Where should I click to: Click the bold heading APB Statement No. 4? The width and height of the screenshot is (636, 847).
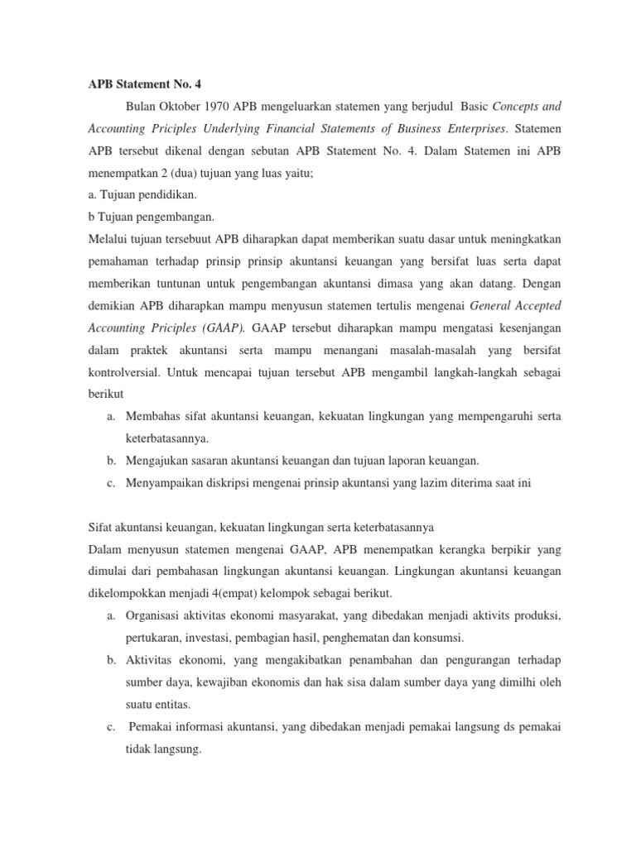(x=144, y=84)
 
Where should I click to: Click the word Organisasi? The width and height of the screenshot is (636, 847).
(x=157, y=616)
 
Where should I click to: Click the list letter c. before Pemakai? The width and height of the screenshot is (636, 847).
(x=111, y=727)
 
